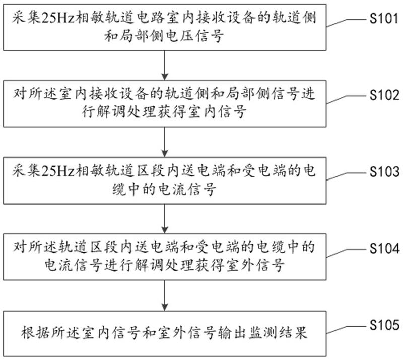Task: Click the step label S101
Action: pos(384,18)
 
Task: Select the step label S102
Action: pos(384,95)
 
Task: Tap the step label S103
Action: pos(384,171)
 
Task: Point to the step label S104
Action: pos(384,249)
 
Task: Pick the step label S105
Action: pos(384,325)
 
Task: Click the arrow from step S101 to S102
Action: pos(165,65)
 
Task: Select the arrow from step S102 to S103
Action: pos(165,142)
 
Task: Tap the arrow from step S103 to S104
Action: pos(165,219)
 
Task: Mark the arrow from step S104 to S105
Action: pos(165,295)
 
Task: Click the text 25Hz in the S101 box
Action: pos(58,18)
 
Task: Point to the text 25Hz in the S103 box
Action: pos(58,171)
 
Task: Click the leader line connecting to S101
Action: pos(346,22)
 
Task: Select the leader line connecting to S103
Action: pos(346,176)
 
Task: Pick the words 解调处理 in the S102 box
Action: pos(126,112)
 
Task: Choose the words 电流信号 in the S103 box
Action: pos(187,189)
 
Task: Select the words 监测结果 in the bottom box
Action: pos(278,333)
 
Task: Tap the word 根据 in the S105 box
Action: pos(35,333)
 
